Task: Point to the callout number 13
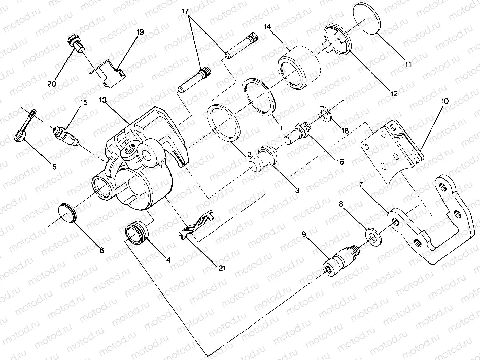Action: (104, 100)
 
